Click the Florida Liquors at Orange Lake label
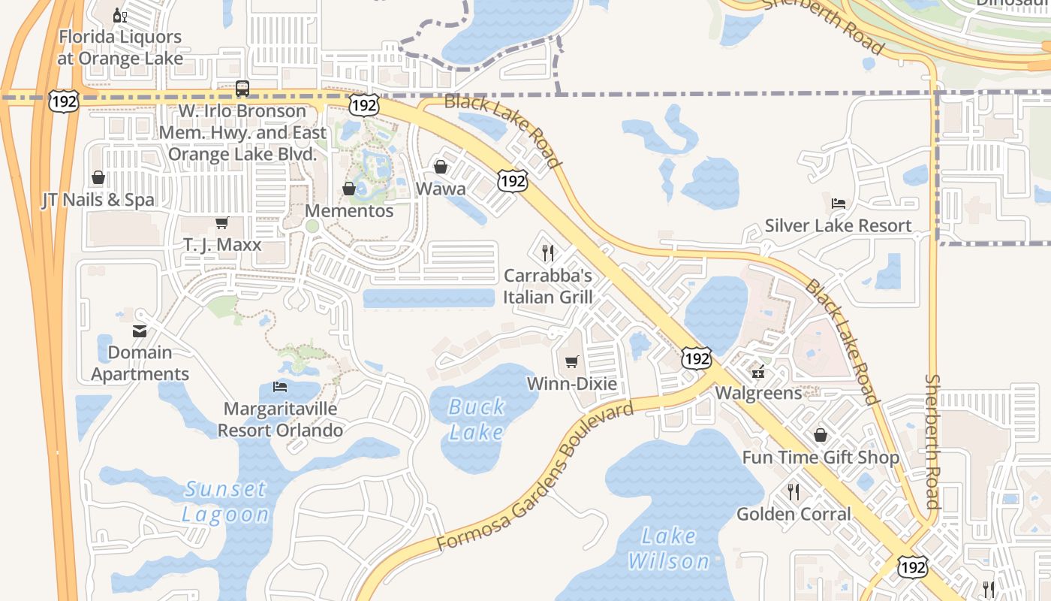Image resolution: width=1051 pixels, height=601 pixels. [120, 47]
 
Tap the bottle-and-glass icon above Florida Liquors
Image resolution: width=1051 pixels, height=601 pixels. [119, 15]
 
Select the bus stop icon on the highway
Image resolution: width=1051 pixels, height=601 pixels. [242, 89]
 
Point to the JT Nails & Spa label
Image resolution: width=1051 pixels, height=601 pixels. [98, 200]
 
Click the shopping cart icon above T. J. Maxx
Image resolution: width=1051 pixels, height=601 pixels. [221, 223]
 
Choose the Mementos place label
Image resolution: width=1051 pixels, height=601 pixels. [349, 211]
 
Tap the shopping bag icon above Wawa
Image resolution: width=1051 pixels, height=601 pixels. [441, 167]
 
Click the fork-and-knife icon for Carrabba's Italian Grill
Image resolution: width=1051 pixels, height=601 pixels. [548, 252]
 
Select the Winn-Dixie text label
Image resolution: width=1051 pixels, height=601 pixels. [572, 384]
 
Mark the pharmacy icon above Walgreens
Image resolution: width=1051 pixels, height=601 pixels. [758, 372]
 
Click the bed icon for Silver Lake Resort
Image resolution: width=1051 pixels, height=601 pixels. [839, 204]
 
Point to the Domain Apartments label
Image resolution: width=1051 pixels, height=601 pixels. [140, 363]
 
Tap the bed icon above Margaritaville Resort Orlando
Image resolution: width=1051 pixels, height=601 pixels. [280, 387]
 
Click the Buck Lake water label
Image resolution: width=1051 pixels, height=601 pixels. [477, 419]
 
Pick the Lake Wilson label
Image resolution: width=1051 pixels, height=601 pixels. [668, 548]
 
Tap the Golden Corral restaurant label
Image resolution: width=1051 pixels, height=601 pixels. [794, 514]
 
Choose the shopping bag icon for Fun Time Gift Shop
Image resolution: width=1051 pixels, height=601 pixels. [821, 435]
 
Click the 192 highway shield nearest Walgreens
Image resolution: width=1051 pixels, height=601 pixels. [697, 358]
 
